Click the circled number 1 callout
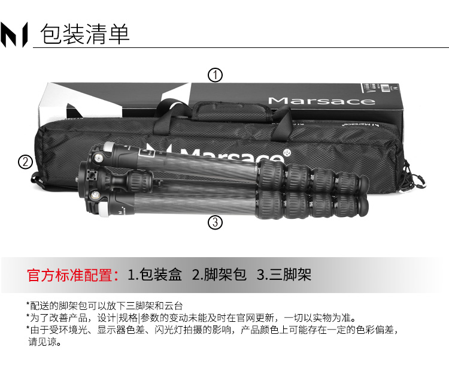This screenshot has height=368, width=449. (215, 75)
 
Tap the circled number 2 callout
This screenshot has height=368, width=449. (26, 162)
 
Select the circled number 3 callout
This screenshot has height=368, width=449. (215, 222)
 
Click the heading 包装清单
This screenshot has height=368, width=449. (85, 34)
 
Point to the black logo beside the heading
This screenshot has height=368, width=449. (14, 34)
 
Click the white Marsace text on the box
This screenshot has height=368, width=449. (321, 101)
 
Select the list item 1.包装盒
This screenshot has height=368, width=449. (154, 275)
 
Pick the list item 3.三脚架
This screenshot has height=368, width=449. (284, 275)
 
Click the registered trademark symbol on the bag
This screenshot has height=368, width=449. (287, 153)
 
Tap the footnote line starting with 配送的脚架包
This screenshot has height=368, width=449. (105, 306)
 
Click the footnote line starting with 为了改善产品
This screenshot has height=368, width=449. (192, 318)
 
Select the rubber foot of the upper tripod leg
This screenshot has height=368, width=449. (362, 185)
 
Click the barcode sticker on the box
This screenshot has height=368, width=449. (386, 88)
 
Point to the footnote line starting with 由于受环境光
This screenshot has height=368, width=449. (213, 330)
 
